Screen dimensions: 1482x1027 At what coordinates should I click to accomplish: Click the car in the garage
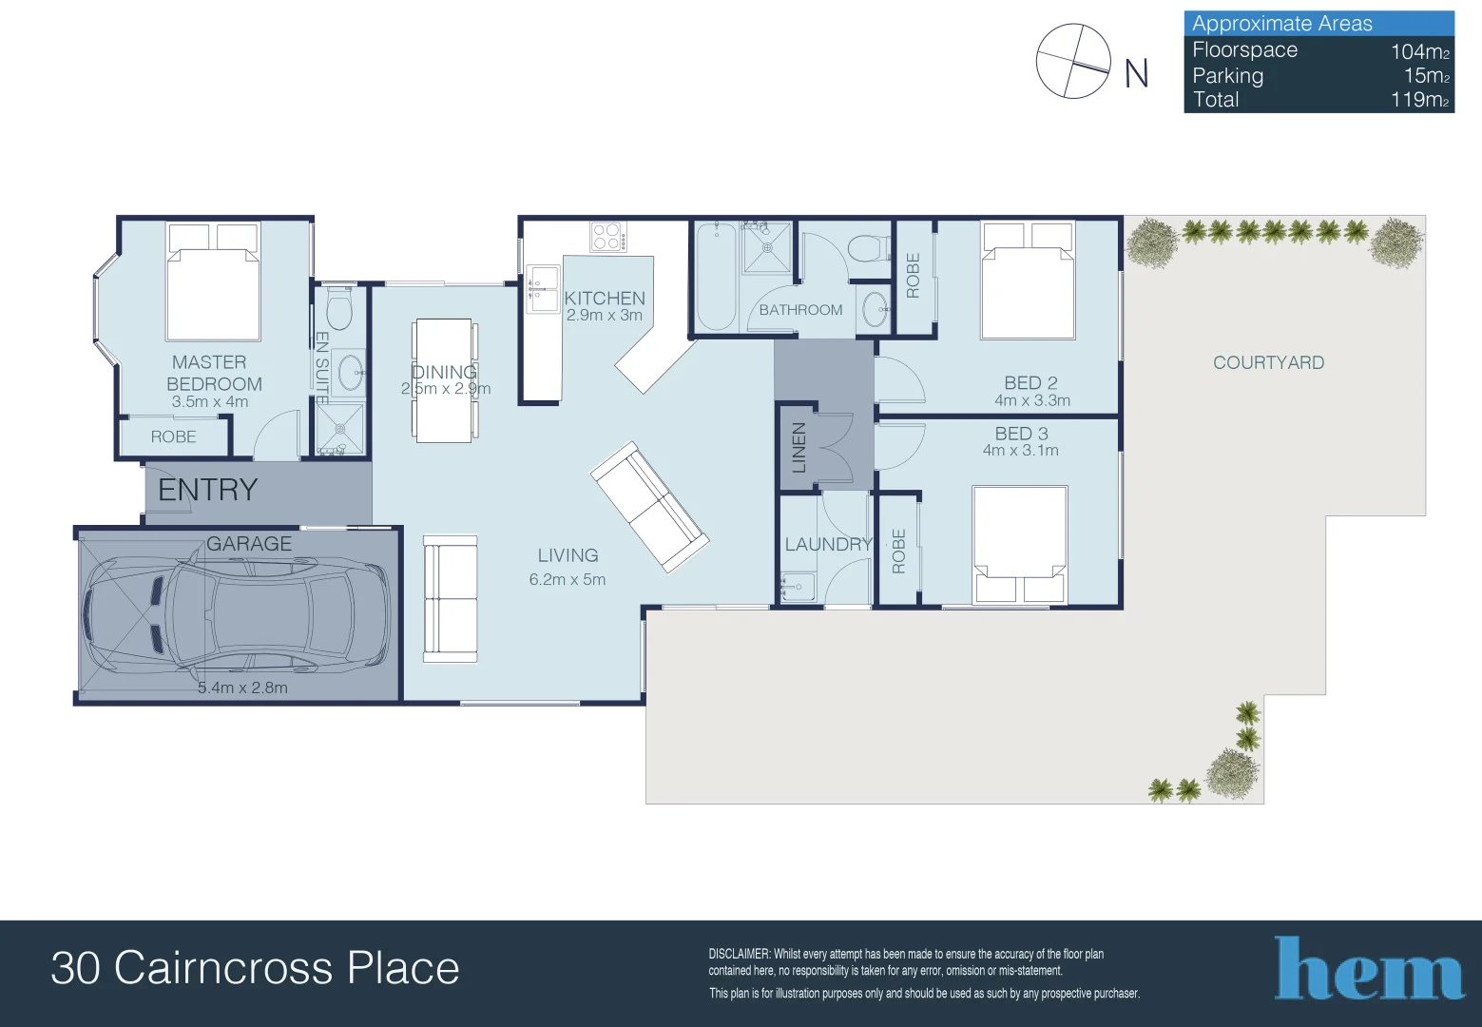[x=236, y=615]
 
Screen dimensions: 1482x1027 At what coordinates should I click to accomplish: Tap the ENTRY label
[x=208, y=490]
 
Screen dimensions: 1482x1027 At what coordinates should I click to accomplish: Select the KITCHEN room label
[x=604, y=299]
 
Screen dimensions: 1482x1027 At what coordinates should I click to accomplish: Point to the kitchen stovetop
[x=608, y=237]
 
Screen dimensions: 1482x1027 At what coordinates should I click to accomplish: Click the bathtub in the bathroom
[x=716, y=278]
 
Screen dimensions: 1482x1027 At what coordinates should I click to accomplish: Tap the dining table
[x=443, y=380]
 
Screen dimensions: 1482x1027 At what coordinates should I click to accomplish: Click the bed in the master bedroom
[x=212, y=281]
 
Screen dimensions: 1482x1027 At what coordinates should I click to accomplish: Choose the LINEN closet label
[x=799, y=447]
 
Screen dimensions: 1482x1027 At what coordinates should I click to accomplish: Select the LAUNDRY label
[x=828, y=544]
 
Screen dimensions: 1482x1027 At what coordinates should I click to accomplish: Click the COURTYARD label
[x=1268, y=362]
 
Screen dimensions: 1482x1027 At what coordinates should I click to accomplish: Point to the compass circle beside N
[x=1073, y=62]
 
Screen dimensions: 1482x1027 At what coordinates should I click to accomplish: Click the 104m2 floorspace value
[x=1420, y=51]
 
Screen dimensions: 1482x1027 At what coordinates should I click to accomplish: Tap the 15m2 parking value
[x=1427, y=75]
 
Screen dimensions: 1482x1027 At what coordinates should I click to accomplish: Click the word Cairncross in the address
[x=223, y=968]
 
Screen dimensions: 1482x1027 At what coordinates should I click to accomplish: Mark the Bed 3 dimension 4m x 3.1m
[x=1020, y=451]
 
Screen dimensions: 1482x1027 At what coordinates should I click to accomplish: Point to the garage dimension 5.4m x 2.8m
[x=242, y=688]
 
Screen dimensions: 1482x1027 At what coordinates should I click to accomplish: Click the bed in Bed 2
[x=1029, y=281]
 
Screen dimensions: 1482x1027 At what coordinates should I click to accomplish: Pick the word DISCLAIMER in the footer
[x=739, y=954]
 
